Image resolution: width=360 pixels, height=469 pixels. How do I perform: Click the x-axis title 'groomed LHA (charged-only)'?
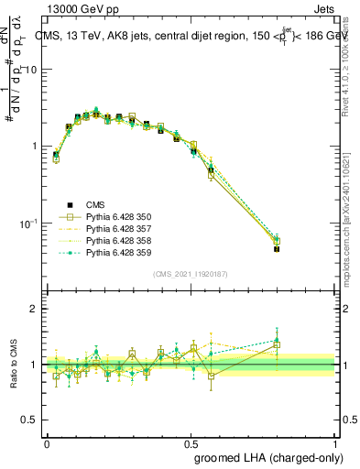coord(264,455)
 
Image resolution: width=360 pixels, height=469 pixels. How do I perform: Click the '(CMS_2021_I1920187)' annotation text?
coord(191,273)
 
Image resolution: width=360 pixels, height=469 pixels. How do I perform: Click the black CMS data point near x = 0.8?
coord(278,248)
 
